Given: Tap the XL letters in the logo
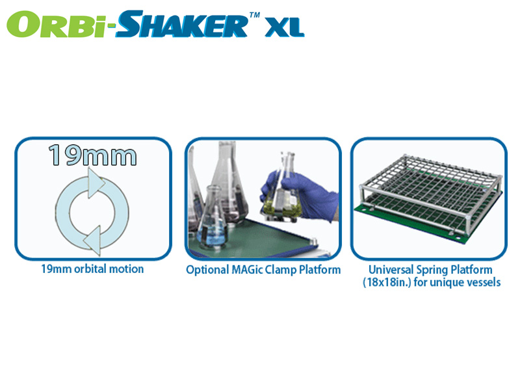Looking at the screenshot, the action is click(284, 27).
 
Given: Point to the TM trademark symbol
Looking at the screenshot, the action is click(254, 14).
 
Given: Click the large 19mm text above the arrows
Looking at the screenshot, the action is click(92, 155).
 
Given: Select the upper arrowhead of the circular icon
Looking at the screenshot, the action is click(96, 183).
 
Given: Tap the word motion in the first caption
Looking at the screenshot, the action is click(126, 269).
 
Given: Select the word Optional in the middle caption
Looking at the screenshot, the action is click(207, 270).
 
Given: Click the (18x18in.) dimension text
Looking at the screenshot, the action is click(387, 283).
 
